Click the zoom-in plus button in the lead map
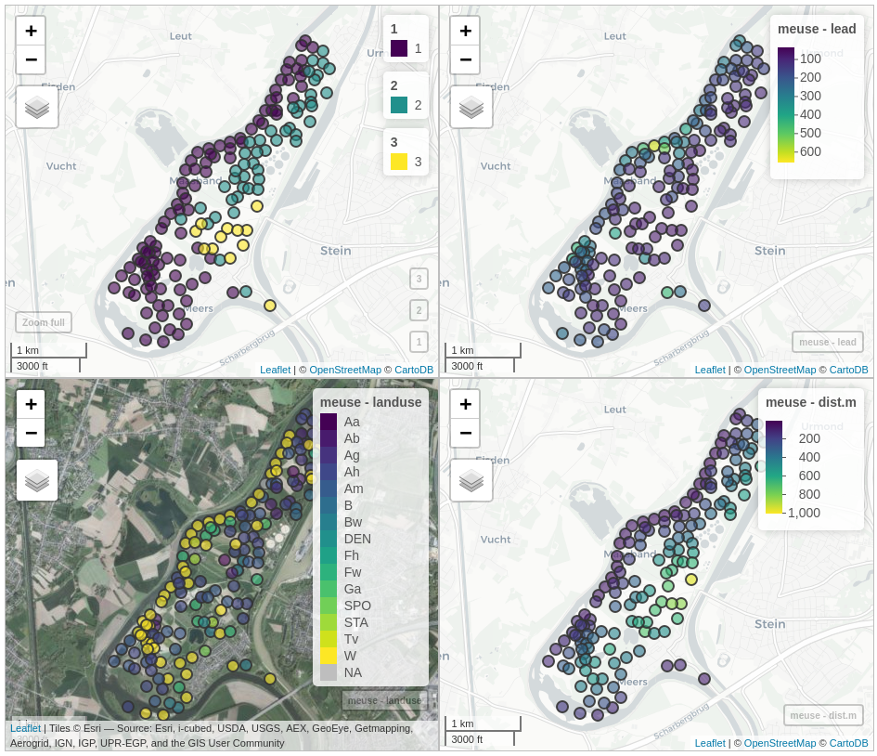(465, 31)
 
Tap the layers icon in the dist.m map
(471, 480)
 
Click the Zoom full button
(44, 322)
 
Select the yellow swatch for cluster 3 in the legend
(399, 162)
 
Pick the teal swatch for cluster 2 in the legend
(399, 105)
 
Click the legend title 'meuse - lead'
(818, 29)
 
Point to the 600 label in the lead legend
(810, 151)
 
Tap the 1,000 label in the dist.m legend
(805, 513)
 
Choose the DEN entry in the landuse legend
(357, 539)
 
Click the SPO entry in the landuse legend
(357, 606)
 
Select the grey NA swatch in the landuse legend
(329, 672)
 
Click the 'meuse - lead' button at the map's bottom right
(828, 342)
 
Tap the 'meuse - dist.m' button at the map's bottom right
(823, 715)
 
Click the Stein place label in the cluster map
(336, 251)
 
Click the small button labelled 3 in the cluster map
(419, 279)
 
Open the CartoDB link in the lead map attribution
(848, 370)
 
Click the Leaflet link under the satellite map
(25, 728)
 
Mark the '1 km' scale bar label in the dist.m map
(460, 723)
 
